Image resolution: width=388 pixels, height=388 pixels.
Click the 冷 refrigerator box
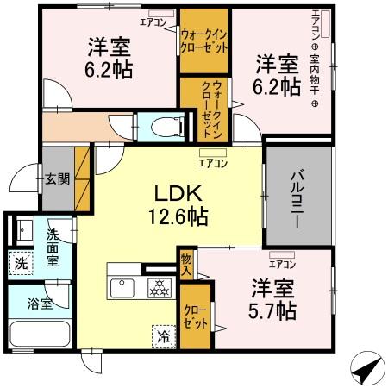(162, 337)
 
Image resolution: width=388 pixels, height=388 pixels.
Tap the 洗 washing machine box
(19, 263)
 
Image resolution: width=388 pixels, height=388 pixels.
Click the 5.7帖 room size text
(274, 310)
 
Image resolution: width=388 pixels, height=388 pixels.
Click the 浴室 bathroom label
(38, 303)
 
